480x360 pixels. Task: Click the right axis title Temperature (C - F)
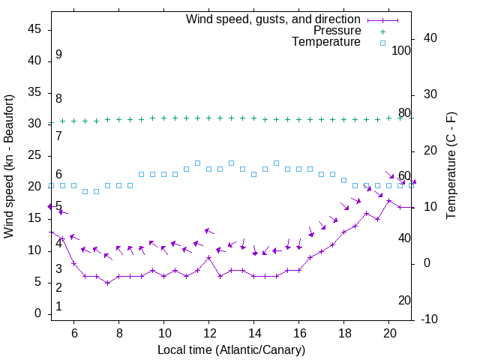[451, 166]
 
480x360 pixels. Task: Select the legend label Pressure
[337, 31]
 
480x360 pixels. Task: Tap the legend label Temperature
[326, 42]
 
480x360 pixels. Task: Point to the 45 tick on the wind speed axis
[34, 29]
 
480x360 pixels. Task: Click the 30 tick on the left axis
[34, 124]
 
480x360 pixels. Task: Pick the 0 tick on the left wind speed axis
[37, 314]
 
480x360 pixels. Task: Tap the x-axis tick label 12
[209, 333]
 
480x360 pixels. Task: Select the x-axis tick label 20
[389, 333]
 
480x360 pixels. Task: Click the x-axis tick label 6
[73, 333]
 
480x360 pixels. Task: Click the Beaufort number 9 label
[58, 55]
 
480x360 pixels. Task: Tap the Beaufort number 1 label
[58, 307]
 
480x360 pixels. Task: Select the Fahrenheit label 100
[401, 51]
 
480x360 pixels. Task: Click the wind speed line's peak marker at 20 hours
[389, 200]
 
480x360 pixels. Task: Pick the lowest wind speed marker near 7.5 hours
[107, 283]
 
